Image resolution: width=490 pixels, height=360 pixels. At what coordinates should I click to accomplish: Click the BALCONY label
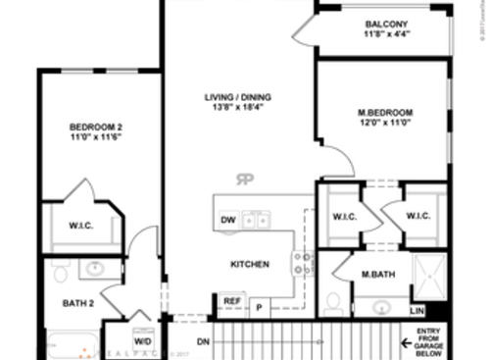click(x=386, y=23)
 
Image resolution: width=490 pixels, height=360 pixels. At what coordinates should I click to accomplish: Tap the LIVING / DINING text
click(x=238, y=97)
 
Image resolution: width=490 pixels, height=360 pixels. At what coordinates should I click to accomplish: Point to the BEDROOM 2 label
click(x=95, y=128)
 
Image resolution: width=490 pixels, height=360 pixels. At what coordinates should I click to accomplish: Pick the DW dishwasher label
click(x=227, y=220)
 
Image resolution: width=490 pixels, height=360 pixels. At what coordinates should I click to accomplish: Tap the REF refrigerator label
click(x=232, y=301)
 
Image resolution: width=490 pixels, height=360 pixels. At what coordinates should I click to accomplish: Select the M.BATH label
click(x=377, y=274)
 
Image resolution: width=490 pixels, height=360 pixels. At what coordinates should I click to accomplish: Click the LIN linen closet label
click(x=416, y=312)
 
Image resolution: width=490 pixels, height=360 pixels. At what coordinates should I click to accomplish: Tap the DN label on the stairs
click(x=204, y=341)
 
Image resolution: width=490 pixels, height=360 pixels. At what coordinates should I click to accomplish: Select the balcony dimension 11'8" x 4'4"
click(x=386, y=34)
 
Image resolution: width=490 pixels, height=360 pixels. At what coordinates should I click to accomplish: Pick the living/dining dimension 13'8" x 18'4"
click(x=238, y=110)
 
